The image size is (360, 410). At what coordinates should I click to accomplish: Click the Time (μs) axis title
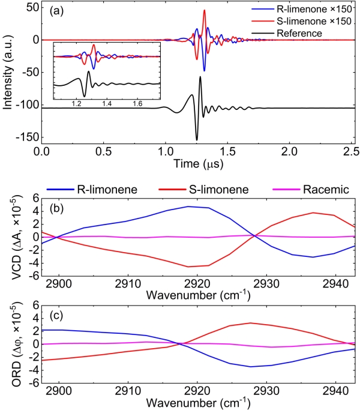click(x=197, y=163)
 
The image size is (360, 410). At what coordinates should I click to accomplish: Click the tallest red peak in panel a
click(x=205, y=10)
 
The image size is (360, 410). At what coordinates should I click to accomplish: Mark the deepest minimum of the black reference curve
click(x=196, y=139)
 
